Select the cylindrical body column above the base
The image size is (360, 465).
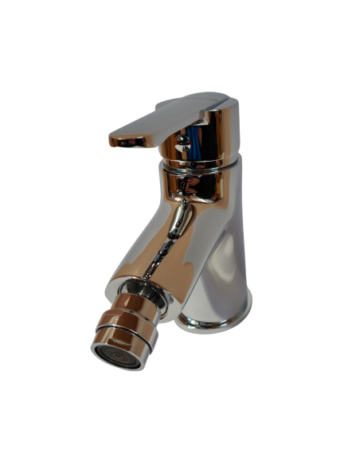coord(227,255)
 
